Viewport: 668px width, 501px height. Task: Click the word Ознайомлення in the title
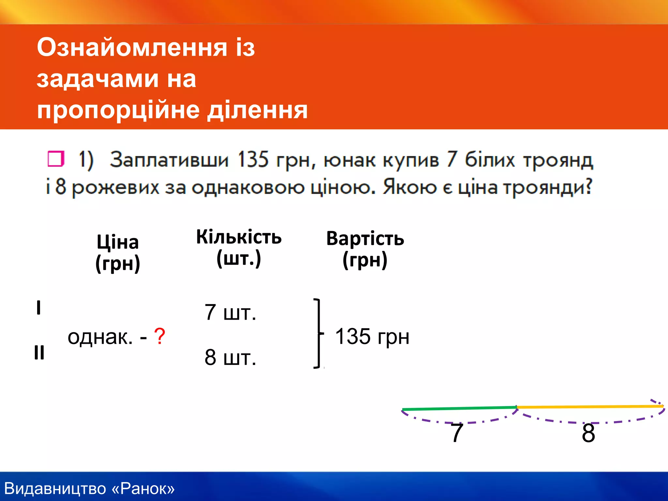132,48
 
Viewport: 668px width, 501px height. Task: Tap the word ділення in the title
258,110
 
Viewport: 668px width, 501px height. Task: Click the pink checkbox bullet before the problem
56,159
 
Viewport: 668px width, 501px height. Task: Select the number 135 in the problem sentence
253,160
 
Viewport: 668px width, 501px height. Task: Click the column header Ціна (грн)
118,253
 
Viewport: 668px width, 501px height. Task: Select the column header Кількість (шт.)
239,248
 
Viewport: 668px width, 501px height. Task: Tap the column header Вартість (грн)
365,249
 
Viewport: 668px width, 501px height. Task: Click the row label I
38,308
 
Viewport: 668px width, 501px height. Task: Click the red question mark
160,337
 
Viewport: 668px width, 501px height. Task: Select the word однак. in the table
100,337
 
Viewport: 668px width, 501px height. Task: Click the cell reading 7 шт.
230,312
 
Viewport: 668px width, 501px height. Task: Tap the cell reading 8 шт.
230,357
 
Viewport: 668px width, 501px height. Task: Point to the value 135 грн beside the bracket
372,337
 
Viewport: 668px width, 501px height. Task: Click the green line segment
459,408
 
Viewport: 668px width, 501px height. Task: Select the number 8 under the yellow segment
588,433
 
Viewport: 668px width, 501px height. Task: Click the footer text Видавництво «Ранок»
90,489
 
